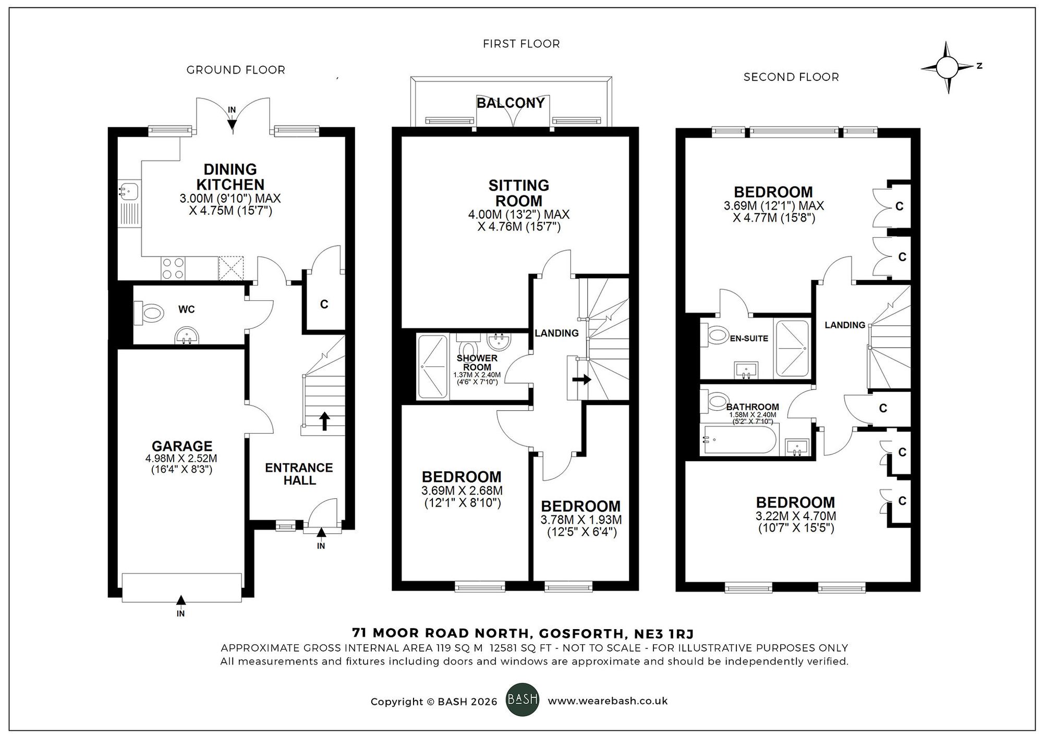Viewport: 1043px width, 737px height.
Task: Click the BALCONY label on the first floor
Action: pyautogui.click(x=511, y=103)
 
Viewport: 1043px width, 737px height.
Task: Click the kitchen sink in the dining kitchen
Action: pyautogui.click(x=128, y=191)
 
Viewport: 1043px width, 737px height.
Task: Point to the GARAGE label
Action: pyautogui.click(x=182, y=446)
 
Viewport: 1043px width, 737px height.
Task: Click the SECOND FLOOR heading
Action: pyautogui.click(x=791, y=77)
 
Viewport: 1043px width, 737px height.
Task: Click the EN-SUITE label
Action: pyautogui.click(x=749, y=338)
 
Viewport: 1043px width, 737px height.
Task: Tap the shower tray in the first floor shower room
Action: pyautogui.click(x=433, y=366)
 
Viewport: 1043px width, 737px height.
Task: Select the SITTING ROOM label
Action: pyautogui.click(x=518, y=193)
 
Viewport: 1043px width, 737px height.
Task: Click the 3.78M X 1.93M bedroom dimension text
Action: pyautogui.click(x=581, y=520)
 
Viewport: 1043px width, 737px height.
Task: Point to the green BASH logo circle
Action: pyautogui.click(x=523, y=699)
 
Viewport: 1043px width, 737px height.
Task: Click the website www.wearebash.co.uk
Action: pyautogui.click(x=608, y=701)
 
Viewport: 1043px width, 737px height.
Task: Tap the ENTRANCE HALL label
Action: pyautogui.click(x=299, y=474)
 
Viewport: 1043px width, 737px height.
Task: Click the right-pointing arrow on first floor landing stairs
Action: pyautogui.click(x=581, y=379)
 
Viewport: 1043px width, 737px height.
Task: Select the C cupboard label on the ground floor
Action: pyautogui.click(x=324, y=304)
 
